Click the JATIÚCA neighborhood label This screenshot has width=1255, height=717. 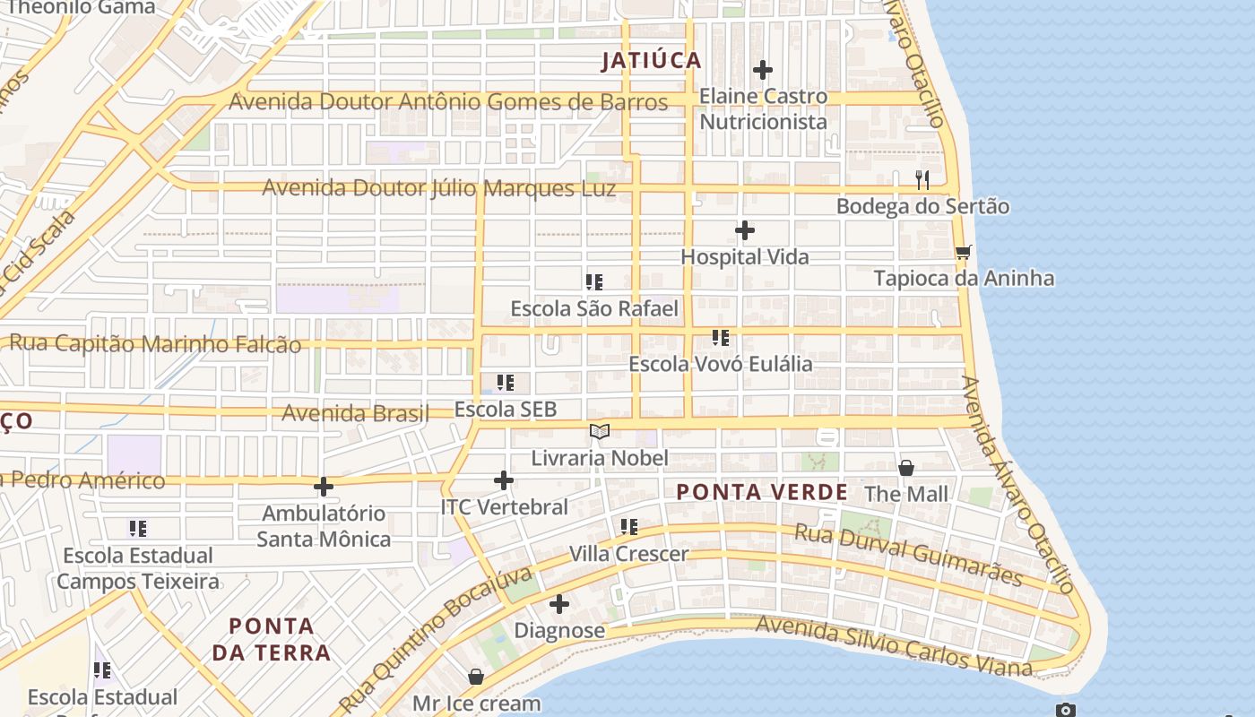pyautogui.click(x=651, y=61)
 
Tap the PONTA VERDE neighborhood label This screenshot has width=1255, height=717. pyautogui.click(x=761, y=492)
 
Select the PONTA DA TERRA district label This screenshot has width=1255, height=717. pyautogui.click(x=272, y=639)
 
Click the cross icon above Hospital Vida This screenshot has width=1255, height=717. pyautogui.click(x=745, y=231)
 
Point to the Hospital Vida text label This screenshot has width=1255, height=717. pyautogui.click(x=745, y=257)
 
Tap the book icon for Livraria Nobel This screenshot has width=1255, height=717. pyautogui.click(x=600, y=432)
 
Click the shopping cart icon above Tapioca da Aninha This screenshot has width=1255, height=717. pyautogui.click(x=964, y=252)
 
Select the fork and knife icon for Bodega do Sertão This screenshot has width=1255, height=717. pyautogui.click(x=922, y=180)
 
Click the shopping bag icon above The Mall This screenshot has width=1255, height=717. pyautogui.click(x=906, y=468)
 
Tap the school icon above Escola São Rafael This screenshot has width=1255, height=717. pyautogui.click(x=594, y=282)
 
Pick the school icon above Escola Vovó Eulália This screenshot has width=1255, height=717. pyautogui.click(x=721, y=338)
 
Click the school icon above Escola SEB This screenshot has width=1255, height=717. pyautogui.click(x=506, y=384)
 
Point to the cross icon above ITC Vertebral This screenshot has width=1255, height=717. pyautogui.click(x=504, y=480)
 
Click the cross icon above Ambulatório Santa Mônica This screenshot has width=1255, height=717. pyautogui.click(x=324, y=487)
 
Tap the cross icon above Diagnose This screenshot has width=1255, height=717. pyautogui.click(x=559, y=604)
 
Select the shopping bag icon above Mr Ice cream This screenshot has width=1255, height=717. pyautogui.click(x=476, y=677)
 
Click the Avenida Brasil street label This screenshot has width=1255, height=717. pyautogui.click(x=356, y=413)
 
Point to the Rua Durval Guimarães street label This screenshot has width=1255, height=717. pyautogui.click(x=908, y=555)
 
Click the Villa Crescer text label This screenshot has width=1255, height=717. pyautogui.click(x=629, y=554)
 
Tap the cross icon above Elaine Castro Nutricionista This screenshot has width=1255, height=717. pyautogui.click(x=763, y=70)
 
